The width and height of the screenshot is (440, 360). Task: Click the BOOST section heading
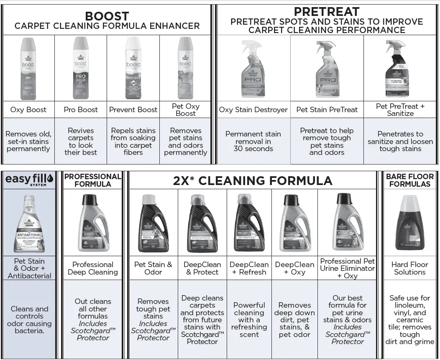(107, 16)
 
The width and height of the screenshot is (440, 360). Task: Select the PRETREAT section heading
(327, 12)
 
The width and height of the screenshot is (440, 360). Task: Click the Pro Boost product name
(81, 110)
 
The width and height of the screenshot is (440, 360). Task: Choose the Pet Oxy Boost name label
(185, 110)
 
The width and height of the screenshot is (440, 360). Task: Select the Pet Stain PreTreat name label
(327, 110)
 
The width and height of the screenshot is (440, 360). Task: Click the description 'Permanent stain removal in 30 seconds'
(253, 141)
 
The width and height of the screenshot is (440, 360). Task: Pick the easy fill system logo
(29, 180)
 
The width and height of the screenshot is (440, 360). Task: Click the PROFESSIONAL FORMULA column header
(93, 180)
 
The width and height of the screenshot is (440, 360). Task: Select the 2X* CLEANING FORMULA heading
(253, 180)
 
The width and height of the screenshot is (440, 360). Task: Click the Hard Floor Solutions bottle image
(409, 222)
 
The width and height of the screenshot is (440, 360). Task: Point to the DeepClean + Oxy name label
(294, 268)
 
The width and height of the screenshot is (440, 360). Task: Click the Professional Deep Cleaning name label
(93, 268)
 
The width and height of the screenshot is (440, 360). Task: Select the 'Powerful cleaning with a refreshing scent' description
(249, 320)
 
